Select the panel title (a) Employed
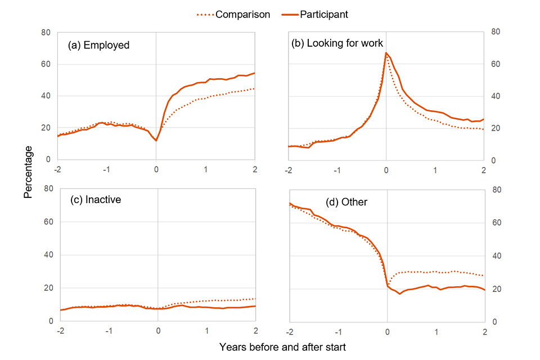pyautogui.click(x=98, y=45)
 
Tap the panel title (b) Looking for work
pyautogui.click(x=336, y=43)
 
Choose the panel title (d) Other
pyautogui.click(x=346, y=201)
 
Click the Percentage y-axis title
pyautogui.click(x=28, y=172)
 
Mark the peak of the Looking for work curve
pyautogui.click(x=386, y=53)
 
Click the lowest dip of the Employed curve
pyautogui.click(x=156, y=141)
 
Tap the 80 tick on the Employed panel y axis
pyautogui.click(x=46, y=32)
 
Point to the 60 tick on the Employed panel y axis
pyautogui.click(x=46, y=64)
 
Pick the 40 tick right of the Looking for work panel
pyautogui.click(x=496, y=97)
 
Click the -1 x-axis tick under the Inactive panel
pyautogui.click(x=109, y=331)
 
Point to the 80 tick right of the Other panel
pyautogui.click(x=496, y=190)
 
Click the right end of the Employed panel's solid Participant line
pyautogui.click(x=255, y=73)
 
